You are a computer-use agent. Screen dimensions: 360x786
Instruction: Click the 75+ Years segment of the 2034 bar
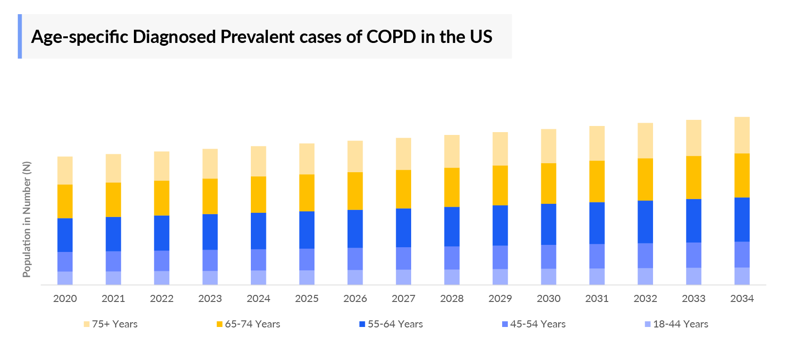pyautogui.click(x=742, y=135)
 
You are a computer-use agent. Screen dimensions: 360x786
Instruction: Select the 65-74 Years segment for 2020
pyautogui.click(x=65, y=201)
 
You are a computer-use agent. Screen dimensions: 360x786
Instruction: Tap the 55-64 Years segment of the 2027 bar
pyautogui.click(x=403, y=228)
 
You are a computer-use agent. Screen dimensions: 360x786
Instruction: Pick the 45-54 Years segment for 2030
pyautogui.click(x=548, y=257)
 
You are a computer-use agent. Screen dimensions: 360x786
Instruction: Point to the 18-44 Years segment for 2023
pyautogui.click(x=210, y=277)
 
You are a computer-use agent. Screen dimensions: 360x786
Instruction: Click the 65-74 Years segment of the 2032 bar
pyautogui.click(x=645, y=179)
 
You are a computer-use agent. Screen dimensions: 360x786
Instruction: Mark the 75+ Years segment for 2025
pyautogui.click(x=306, y=159)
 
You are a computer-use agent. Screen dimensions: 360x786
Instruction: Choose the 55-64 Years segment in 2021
pyautogui.click(x=113, y=234)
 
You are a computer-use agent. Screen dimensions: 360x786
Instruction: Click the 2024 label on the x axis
pyautogui.click(x=258, y=299)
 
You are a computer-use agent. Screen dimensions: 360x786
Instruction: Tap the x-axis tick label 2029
pyautogui.click(x=500, y=299)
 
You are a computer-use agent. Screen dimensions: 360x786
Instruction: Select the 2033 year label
pyautogui.click(x=694, y=299)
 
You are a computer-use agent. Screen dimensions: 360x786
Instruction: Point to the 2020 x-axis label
pyautogui.click(x=65, y=299)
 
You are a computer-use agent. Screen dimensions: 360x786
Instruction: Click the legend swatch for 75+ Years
pyautogui.click(x=86, y=324)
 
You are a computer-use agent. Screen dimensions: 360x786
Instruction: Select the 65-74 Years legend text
pyautogui.click(x=252, y=324)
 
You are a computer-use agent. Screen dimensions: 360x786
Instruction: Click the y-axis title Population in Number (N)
pyautogui.click(x=26, y=219)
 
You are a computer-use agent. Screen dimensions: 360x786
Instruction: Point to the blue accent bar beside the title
pyautogui.click(x=20, y=36)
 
